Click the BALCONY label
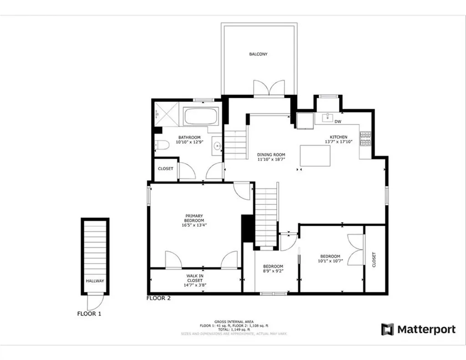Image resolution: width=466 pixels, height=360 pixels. pyautogui.click(x=258, y=54)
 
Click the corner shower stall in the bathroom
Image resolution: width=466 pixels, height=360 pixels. pyautogui.click(x=166, y=113)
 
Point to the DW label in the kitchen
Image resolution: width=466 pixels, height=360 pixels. pyautogui.click(x=338, y=122)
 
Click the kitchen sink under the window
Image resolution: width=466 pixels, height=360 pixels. pyautogui.click(x=328, y=118)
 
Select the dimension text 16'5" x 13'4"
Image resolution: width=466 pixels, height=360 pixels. pyautogui.click(x=194, y=225)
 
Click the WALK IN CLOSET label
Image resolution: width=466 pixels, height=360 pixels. pyautogui.click(x=195, y=278)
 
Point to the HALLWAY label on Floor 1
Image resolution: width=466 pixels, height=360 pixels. pyautogui.click(x=95, y=281)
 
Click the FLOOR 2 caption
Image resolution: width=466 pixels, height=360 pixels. pyautogui.click(x=159, y=299)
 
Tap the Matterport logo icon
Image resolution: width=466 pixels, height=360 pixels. pyautogui.click(x=387, y=330)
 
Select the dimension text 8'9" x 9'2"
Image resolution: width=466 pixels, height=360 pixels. pyautogui.click(x=273, y=272)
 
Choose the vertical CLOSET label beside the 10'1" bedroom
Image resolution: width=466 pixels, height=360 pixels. pyautogui.click(x=374, y=260)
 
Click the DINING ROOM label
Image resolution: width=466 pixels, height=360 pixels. pyautogui.click(x=271, y=155)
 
